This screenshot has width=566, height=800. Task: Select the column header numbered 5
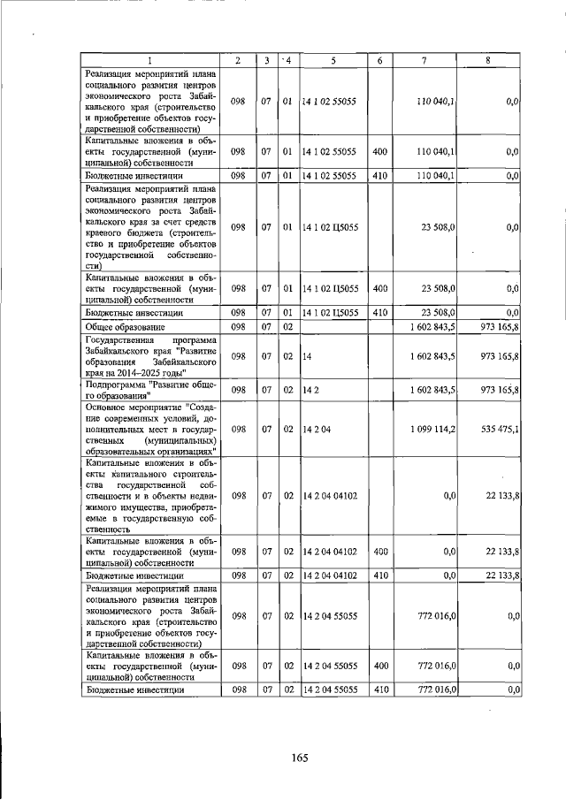[333, 60]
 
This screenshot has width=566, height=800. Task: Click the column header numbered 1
[149, 60]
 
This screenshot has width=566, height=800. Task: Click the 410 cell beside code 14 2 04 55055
[379, 690]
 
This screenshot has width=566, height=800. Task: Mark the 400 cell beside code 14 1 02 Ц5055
[379, 288]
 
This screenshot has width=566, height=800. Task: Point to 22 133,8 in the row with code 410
[500, 575]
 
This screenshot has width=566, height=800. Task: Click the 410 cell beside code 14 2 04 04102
[379, 575]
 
